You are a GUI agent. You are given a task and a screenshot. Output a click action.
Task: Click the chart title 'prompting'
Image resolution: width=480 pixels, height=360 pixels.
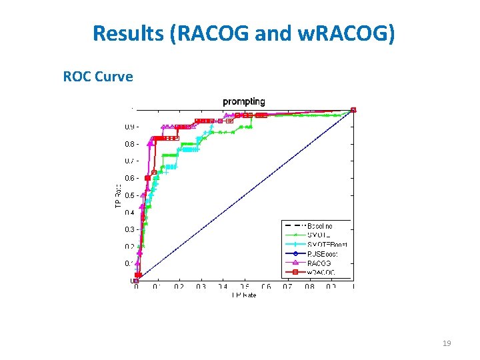pos(243,101)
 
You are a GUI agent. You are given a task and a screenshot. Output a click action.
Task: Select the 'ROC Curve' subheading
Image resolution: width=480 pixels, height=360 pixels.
pos(98,77)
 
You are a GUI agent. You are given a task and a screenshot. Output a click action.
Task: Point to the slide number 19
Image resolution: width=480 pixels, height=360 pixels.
pos(447,343)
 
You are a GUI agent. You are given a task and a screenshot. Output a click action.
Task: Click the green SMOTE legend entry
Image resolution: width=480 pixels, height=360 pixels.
pos(319,235)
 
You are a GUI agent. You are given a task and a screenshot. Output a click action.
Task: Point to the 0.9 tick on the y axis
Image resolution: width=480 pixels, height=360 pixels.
pos(129,127)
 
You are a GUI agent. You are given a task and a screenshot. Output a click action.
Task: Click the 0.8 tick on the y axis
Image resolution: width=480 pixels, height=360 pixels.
pos(129,144)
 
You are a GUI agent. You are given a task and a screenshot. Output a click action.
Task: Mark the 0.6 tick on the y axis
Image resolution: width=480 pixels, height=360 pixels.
pos(129,178)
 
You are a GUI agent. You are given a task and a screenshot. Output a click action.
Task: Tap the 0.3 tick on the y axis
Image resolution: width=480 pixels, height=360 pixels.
pos(129,229)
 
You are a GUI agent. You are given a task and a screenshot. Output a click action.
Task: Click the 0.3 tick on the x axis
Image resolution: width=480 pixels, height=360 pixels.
pos(201,287)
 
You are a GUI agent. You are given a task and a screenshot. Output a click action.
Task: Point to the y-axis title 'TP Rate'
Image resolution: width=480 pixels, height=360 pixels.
pos(119,195)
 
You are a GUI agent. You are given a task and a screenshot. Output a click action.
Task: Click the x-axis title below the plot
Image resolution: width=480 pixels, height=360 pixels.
pos(243,294)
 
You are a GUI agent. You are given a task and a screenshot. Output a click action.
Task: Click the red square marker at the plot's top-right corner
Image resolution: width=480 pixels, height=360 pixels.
pos(353,110)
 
